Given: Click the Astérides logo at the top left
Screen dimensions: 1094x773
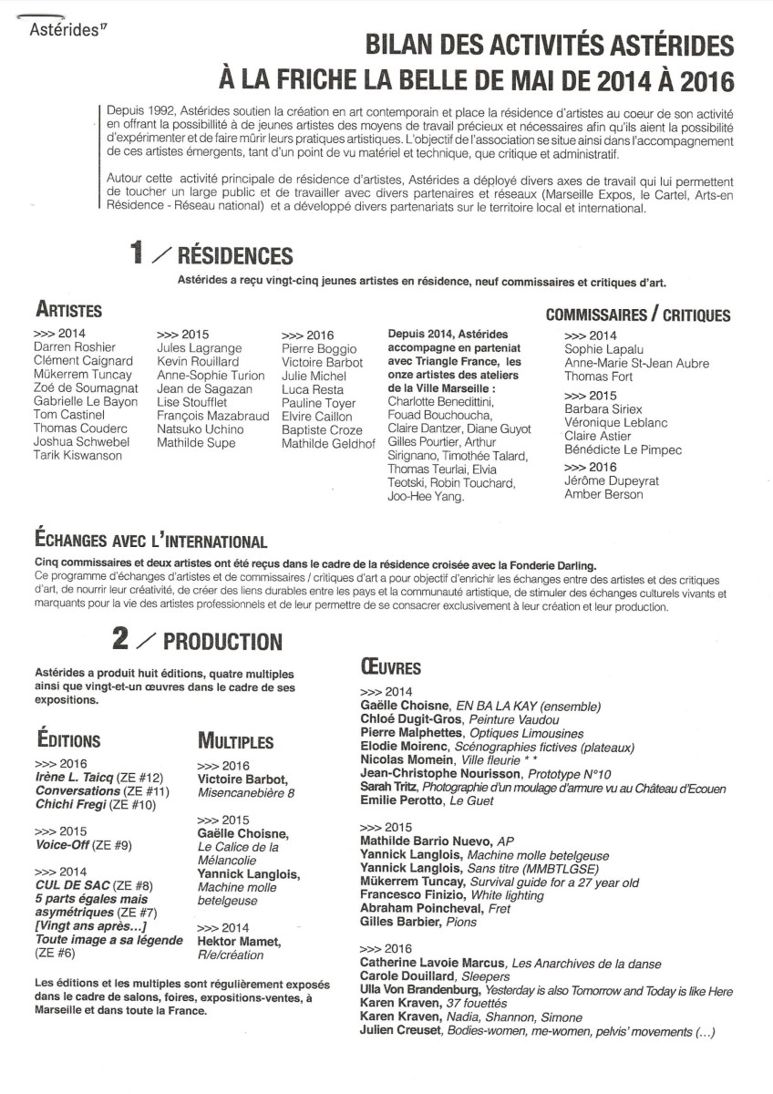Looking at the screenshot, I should point(64,28).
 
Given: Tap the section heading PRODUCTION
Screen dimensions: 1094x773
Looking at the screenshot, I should point(224,642).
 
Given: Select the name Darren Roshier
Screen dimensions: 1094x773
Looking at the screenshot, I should point(74,347).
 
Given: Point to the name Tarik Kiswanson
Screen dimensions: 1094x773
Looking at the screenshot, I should point(77,456).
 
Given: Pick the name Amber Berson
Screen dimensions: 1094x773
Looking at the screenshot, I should point(603,494).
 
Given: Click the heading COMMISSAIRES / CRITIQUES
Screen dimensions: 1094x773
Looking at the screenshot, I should point(637,315).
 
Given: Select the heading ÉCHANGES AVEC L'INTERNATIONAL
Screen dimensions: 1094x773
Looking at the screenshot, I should point(150,542).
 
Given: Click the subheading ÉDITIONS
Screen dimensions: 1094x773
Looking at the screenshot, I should point(68,739).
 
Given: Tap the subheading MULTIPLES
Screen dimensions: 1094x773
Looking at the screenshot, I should point(235,739).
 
